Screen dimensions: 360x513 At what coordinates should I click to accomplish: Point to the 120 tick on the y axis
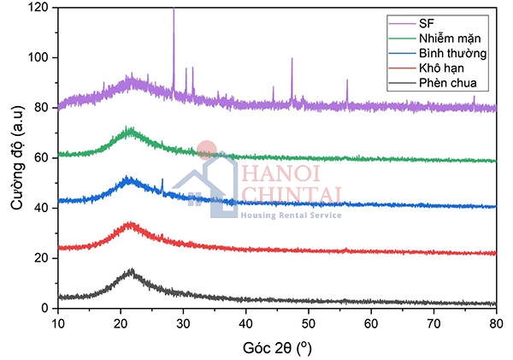[x=38, y=8]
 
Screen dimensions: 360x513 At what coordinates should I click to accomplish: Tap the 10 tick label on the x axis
[x=57, y=323]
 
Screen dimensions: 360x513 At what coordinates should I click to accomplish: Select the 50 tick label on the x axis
[x=308, y=323]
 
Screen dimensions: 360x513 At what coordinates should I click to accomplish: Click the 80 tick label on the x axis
[x=496, y=323]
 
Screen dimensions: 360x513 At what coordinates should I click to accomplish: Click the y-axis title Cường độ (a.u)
[x=17, y=158]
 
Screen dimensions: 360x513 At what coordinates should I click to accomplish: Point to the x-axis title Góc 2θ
[x=276, y=347]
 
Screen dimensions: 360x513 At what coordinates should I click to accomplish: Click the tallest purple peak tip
[x=174, y=9]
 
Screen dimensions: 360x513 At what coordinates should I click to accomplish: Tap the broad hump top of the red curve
[x=130, y=224]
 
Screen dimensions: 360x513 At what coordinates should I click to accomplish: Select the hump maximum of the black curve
[x=131, y=270]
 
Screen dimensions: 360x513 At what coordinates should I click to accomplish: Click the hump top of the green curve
[x=130, y=129]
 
